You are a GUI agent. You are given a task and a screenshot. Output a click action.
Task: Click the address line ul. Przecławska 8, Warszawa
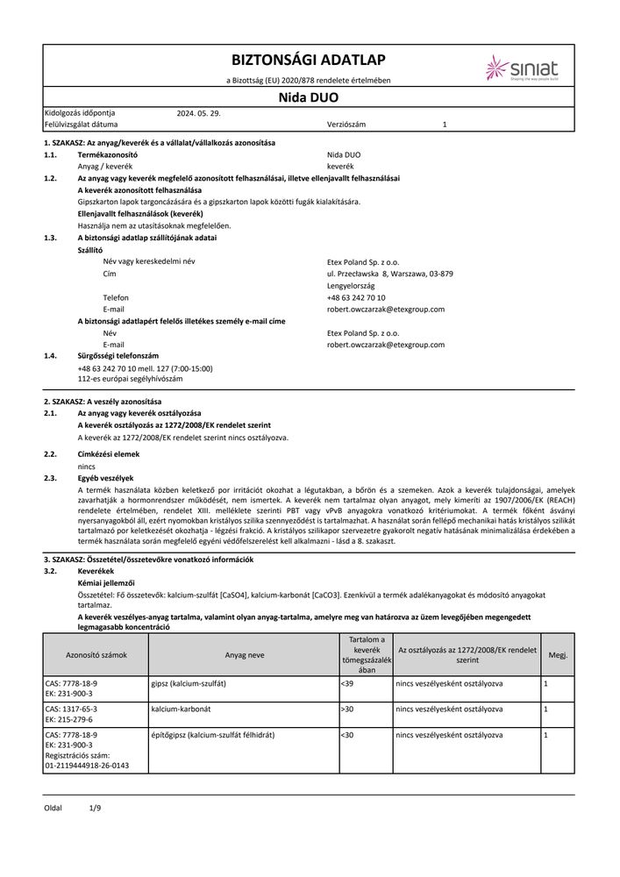(389, 274)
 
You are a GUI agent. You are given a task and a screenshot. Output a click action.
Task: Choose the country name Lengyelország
(350, 286)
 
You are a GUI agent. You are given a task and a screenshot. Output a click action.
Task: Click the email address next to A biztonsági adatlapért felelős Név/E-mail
(385, 345)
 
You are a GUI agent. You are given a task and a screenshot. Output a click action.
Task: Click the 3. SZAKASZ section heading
(148, 558)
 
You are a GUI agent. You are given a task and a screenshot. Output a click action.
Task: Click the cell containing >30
(346, 708)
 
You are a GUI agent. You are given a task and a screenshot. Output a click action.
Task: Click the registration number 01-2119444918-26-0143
(86, 765)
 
